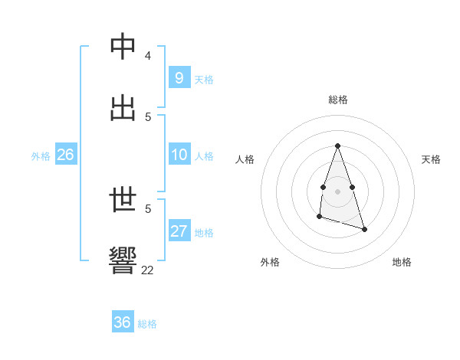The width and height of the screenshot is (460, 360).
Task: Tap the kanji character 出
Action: pyautogui.click(x=123, y=108)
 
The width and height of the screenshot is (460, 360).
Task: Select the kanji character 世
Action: pyautogui.click(x=123, y=201)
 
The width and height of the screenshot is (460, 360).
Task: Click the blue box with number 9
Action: pyautogui.click(x=179, y=78)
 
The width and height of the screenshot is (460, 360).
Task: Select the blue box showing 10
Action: pyautogui.click(x=179, y=155)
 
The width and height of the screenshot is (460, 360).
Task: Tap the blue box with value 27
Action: pyautogui.click(x=179, y=231)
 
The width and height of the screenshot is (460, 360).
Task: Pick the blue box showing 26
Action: pyautogui.click(x=65, y=155)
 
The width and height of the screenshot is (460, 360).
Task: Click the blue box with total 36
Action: pyautogui.click(x=123, y=322)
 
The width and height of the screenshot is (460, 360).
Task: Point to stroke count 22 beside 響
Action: pyautogui.click(x=147, y=270)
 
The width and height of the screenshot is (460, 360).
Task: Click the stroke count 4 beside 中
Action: pyautogui.click(x=148, y=56)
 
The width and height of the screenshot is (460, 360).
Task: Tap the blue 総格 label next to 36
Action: pyautogui.click(x=147, y=324)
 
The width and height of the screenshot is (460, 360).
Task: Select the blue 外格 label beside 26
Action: pyautogui.click(x=41, y=156)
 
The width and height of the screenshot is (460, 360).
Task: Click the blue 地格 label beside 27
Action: pyautogui.click(x=204, y=233)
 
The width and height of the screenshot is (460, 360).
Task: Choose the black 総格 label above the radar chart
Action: pyautogui.click(x=337, y=100)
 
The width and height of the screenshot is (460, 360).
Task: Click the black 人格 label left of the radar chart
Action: pyautogui.click(x=245, y=159)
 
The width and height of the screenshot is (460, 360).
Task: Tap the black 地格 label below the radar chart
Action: pyautogui.click(x=402, y=262)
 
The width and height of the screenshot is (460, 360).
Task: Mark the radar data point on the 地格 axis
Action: pyautogui.click(x=364, y=229)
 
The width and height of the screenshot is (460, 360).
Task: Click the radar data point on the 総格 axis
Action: pyautogui.click(x=337, y=146)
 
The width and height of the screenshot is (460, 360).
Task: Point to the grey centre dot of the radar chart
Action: pyautogui.click(x=337, y=191)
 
